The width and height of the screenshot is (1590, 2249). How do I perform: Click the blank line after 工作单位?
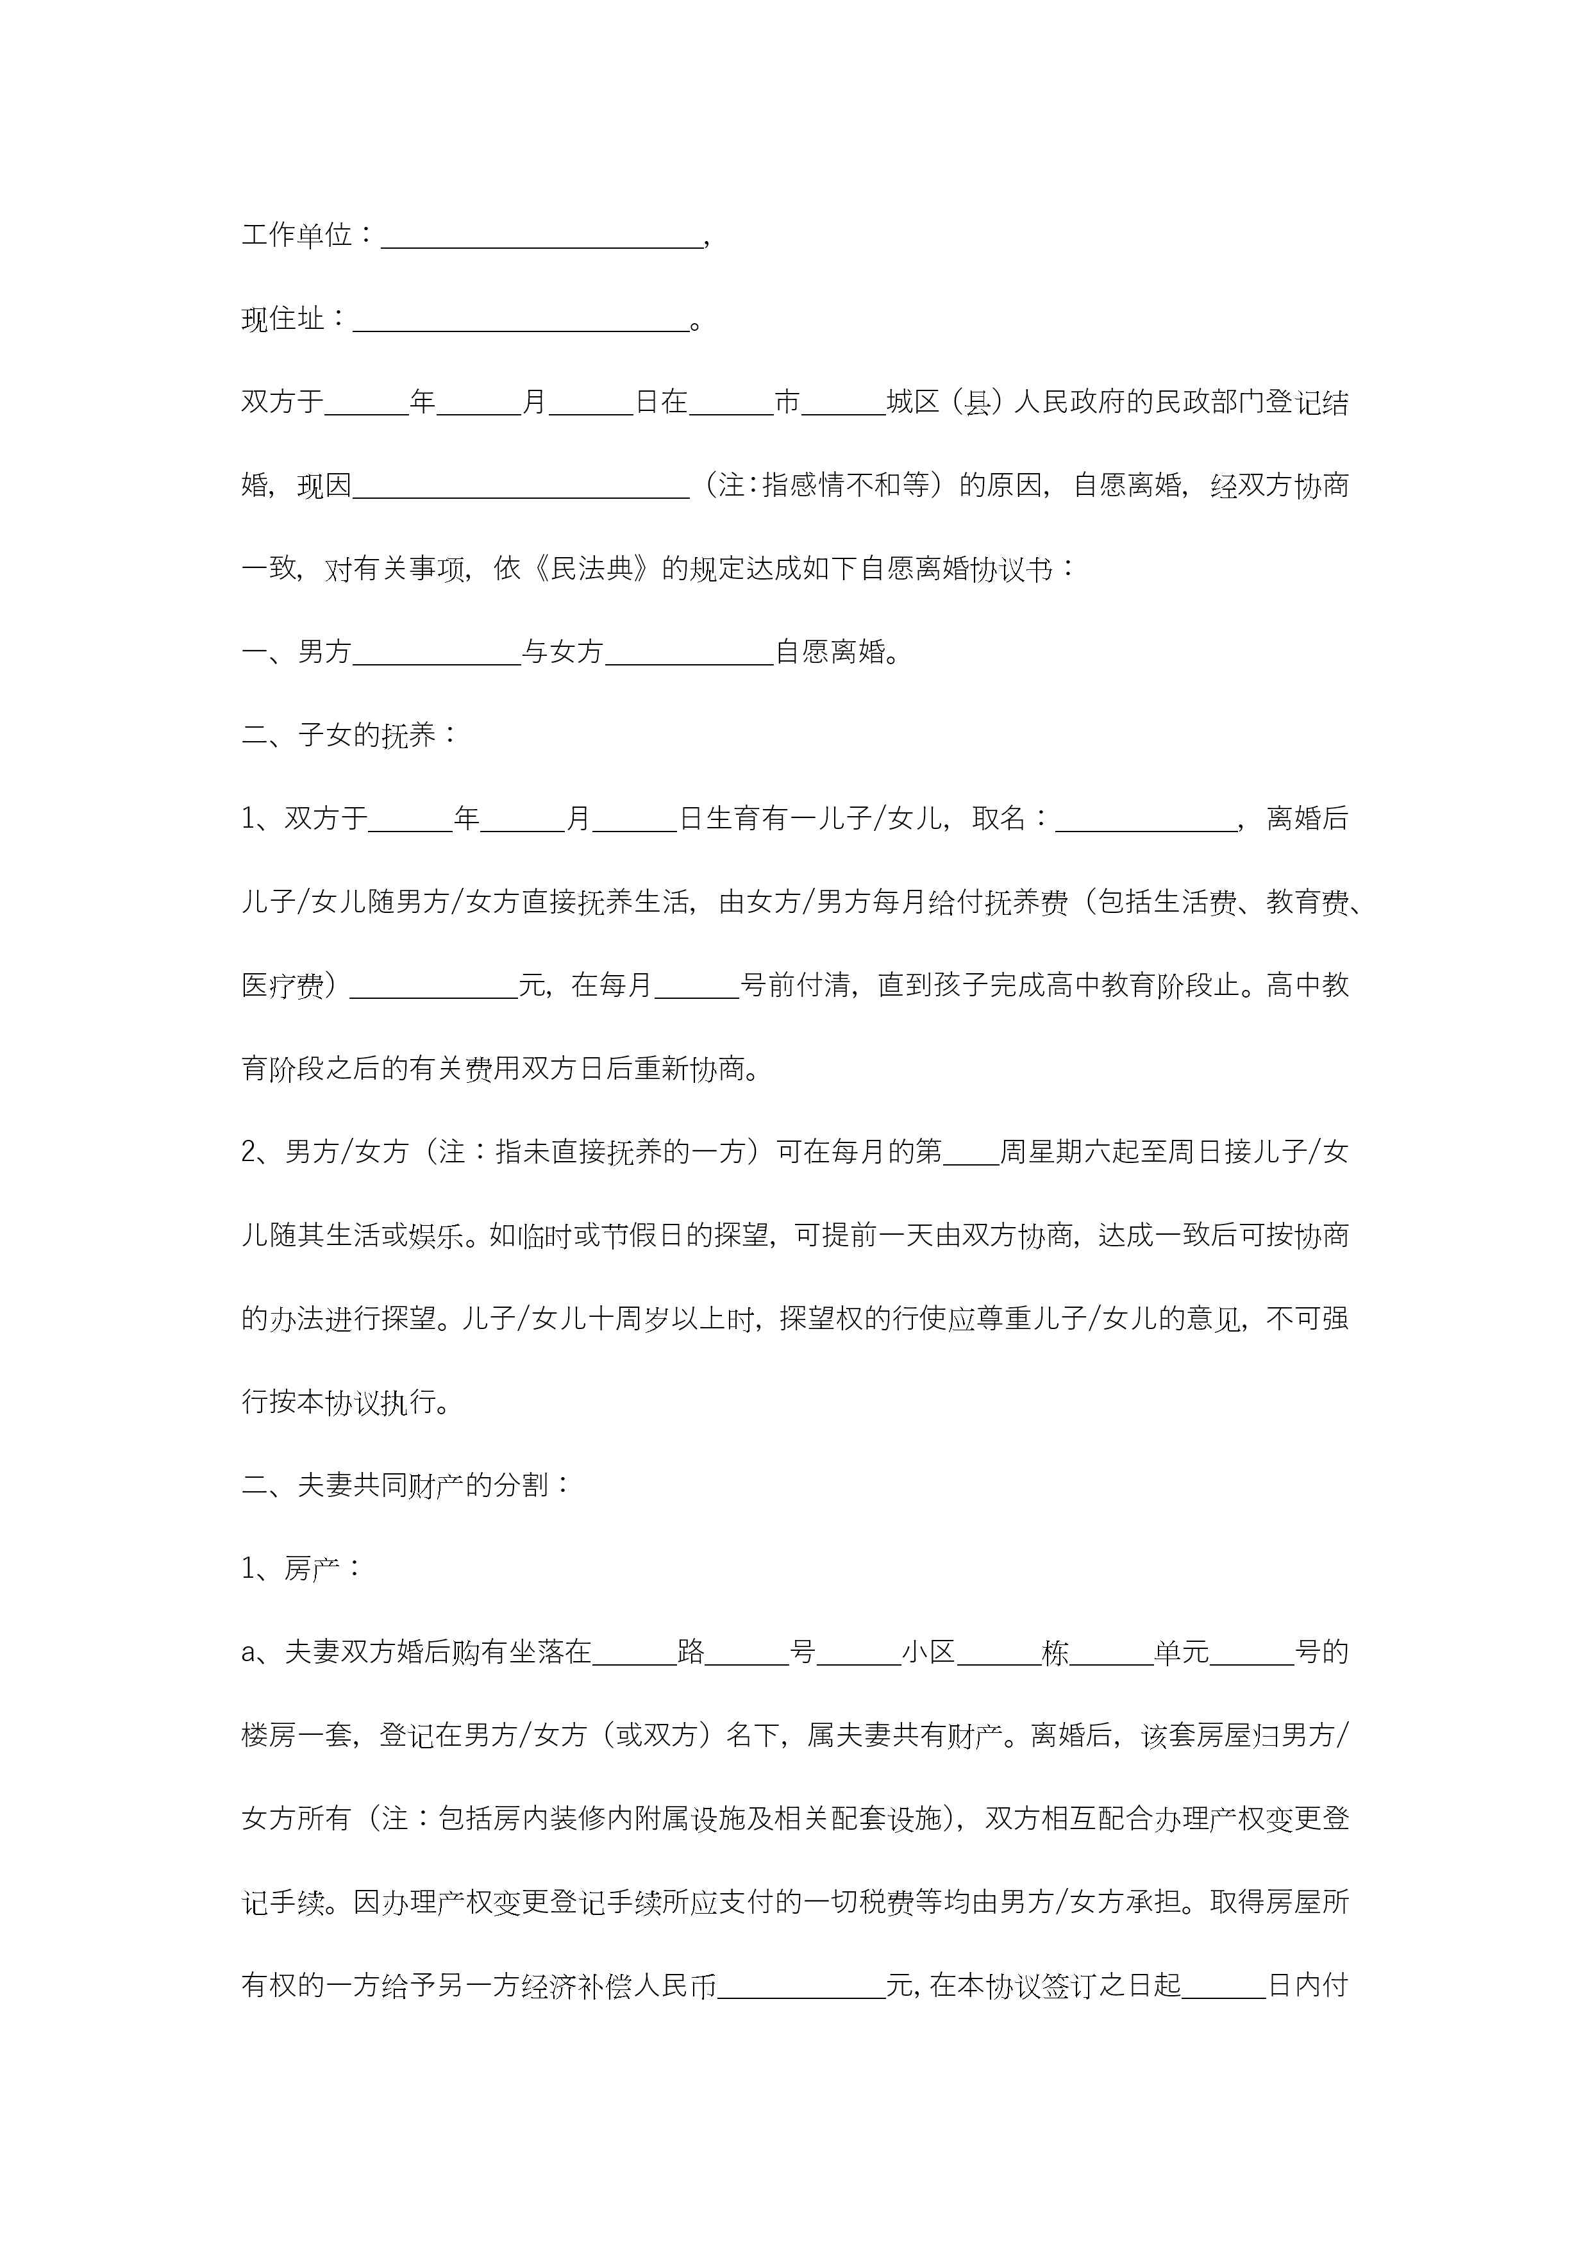pos(542,238)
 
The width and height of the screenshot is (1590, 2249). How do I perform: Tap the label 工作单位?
pos(296,235)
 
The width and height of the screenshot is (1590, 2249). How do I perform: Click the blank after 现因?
pos(520,488)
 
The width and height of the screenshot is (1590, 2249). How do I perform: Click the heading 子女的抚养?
pos(366,735)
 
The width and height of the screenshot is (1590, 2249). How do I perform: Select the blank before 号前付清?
pos(696,987)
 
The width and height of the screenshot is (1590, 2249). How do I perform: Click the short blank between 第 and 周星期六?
pos(970,1154)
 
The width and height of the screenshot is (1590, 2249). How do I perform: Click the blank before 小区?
pos(858,1655)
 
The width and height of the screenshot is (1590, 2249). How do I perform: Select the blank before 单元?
pos(1111,1655)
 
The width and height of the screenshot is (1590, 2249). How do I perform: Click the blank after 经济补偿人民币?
pos(801,1987)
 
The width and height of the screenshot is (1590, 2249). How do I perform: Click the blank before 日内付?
pos(1224,1987)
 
